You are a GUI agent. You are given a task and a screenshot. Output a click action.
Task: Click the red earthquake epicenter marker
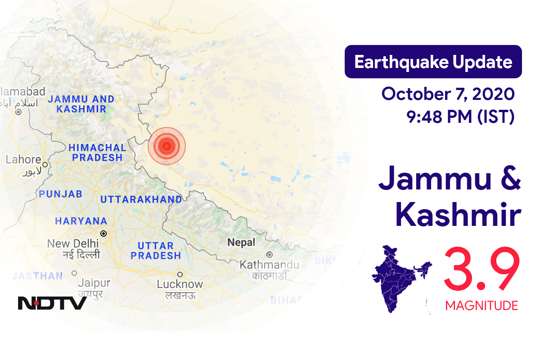(167, 145)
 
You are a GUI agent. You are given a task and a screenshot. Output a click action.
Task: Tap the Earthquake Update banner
(433, 62)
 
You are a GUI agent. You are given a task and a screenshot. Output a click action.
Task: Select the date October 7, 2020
(447, 94)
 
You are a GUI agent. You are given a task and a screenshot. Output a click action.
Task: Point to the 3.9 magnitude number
(481, 270)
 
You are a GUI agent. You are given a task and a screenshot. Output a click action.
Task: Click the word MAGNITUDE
(481, 306)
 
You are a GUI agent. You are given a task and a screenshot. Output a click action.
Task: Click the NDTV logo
(52, 303)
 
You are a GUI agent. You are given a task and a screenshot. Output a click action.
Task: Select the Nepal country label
(241, 243)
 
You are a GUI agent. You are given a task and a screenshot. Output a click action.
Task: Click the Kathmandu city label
(270, 265)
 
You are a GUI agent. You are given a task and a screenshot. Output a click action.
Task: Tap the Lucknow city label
(180, 284)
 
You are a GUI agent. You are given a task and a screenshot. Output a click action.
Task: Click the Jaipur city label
(94, 283)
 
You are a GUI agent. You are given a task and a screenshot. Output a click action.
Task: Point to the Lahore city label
(23, 160)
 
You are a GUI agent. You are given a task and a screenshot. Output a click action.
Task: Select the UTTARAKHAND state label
(141, 199)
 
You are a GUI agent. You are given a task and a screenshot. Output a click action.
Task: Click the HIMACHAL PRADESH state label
(97, 153)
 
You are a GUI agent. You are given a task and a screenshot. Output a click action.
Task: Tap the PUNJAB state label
(60, 194)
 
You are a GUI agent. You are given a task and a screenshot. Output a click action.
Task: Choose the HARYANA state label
(81, 221)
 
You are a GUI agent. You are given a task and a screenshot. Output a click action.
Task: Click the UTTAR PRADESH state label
(156, 251)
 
